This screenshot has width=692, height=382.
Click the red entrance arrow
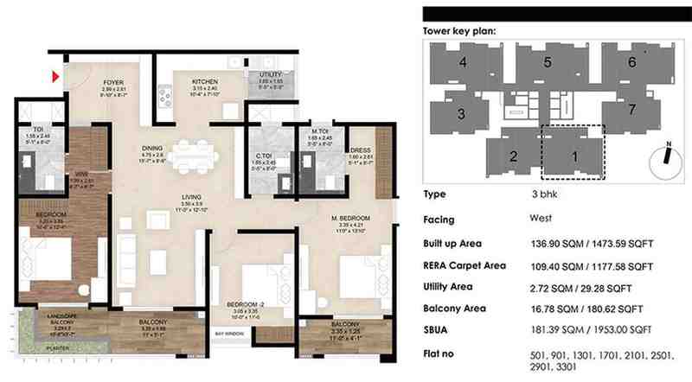click(56, 78)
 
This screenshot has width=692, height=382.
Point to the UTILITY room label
click(263, 75)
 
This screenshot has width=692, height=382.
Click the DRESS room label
click(361, 149)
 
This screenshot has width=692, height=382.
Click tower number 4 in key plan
click(463, 62)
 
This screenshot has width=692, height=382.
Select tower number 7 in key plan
click(632, 109)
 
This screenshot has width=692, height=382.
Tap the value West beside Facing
click(541, 219)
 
